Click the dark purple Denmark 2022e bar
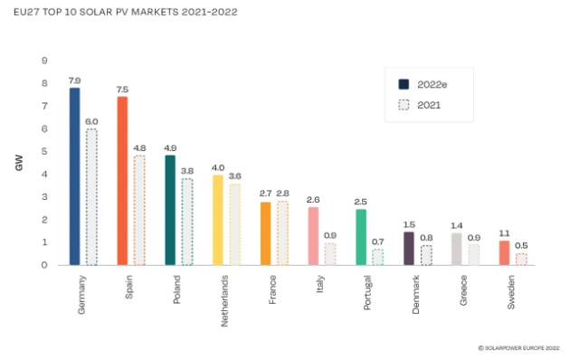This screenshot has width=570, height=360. click(408, 248)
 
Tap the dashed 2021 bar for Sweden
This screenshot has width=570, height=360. click(521, 259)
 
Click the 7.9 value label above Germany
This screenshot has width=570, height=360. click(74, 81)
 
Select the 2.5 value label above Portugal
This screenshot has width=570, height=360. click(361, 202)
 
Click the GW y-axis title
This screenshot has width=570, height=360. click(19, 164)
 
